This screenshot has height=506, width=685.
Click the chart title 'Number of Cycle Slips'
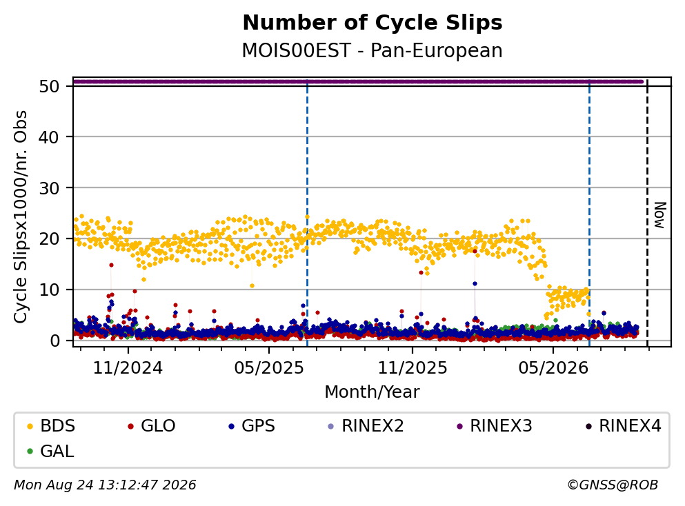(373, 23)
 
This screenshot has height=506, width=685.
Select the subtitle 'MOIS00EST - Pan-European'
(373, 50)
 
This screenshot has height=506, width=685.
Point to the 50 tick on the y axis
(50, 86)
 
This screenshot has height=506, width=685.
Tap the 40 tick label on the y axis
(50, 137)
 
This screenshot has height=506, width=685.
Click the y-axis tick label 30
(50, 188)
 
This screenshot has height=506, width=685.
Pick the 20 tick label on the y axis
(50, 239)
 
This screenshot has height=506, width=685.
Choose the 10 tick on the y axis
(50, 290)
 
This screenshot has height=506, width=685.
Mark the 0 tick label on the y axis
(55, 341)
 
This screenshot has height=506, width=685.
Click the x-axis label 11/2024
(128, 368)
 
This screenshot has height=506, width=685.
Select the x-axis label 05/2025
(268, 368)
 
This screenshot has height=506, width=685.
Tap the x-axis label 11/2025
(413, 368)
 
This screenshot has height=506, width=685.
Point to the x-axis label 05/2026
(553, 368)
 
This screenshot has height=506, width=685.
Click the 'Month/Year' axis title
(373, 392)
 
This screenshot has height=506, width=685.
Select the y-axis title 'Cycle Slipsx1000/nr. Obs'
(20, 216)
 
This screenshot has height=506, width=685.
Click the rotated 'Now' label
(659, 215)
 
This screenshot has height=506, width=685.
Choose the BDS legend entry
(51, 425)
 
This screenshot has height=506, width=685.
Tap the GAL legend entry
(50, 451)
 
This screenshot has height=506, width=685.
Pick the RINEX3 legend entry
(495, 425)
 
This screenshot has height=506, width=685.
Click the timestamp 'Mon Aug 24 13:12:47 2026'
(106, 485)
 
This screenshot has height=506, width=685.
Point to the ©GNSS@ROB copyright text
(613, 485)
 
